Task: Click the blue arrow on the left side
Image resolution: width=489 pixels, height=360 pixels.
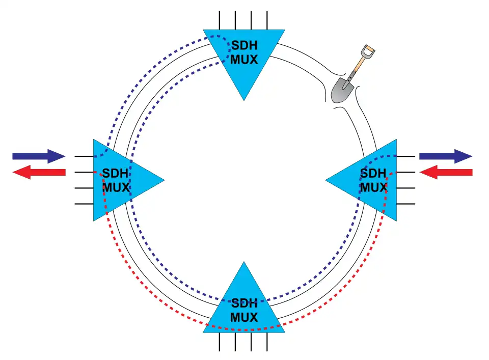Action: (39, 156)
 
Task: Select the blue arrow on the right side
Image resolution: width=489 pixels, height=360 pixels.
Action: (445, 156)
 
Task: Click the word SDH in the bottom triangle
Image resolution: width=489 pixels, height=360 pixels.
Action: (244, 304)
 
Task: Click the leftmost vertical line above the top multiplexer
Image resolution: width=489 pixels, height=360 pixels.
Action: (220, 19)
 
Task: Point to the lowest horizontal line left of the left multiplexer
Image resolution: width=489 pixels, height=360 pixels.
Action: (84, 204)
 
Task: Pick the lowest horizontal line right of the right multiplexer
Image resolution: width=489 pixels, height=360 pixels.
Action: (405, 204)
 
